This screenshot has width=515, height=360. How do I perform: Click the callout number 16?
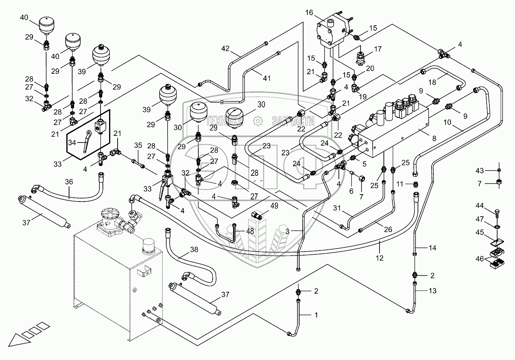309,12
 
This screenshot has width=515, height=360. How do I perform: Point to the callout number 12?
380,258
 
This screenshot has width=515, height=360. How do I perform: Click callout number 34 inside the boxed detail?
72,143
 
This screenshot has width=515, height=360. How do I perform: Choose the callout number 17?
378,49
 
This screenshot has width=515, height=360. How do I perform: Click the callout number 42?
226,49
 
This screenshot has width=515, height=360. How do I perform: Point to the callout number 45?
480,232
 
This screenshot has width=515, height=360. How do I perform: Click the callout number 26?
388,230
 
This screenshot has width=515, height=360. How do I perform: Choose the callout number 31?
337,208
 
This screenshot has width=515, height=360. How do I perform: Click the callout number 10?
447,122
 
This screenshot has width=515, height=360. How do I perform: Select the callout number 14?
432,247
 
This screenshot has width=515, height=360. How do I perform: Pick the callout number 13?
432,290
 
